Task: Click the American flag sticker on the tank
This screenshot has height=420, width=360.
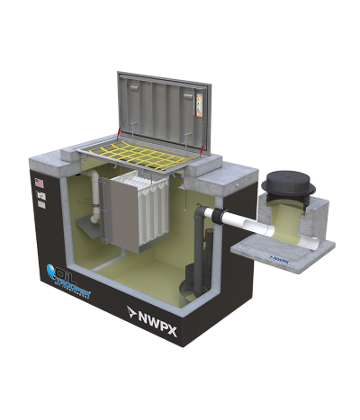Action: click(39, 183)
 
